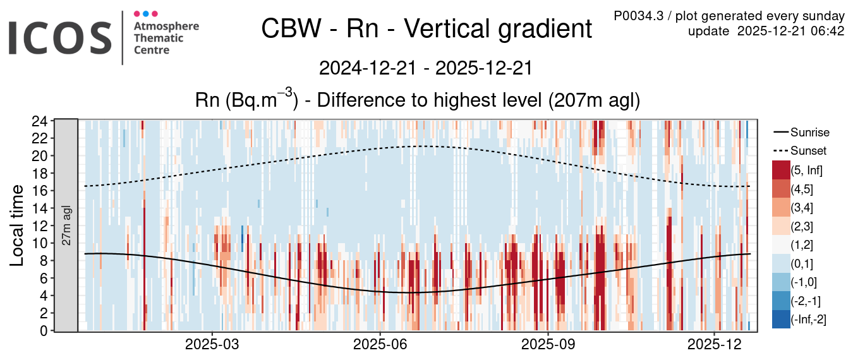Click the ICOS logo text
point(60,37)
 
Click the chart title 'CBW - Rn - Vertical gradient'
point(426,29)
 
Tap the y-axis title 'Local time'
point(17,225)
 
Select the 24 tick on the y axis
point(40,121)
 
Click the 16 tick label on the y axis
point(40,191)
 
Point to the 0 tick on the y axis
point(43,330)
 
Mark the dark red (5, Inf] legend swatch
point(780,170)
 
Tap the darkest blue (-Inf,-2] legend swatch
point(780,320)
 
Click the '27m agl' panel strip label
point(66,225)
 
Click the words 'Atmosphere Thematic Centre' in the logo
point(166,38)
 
